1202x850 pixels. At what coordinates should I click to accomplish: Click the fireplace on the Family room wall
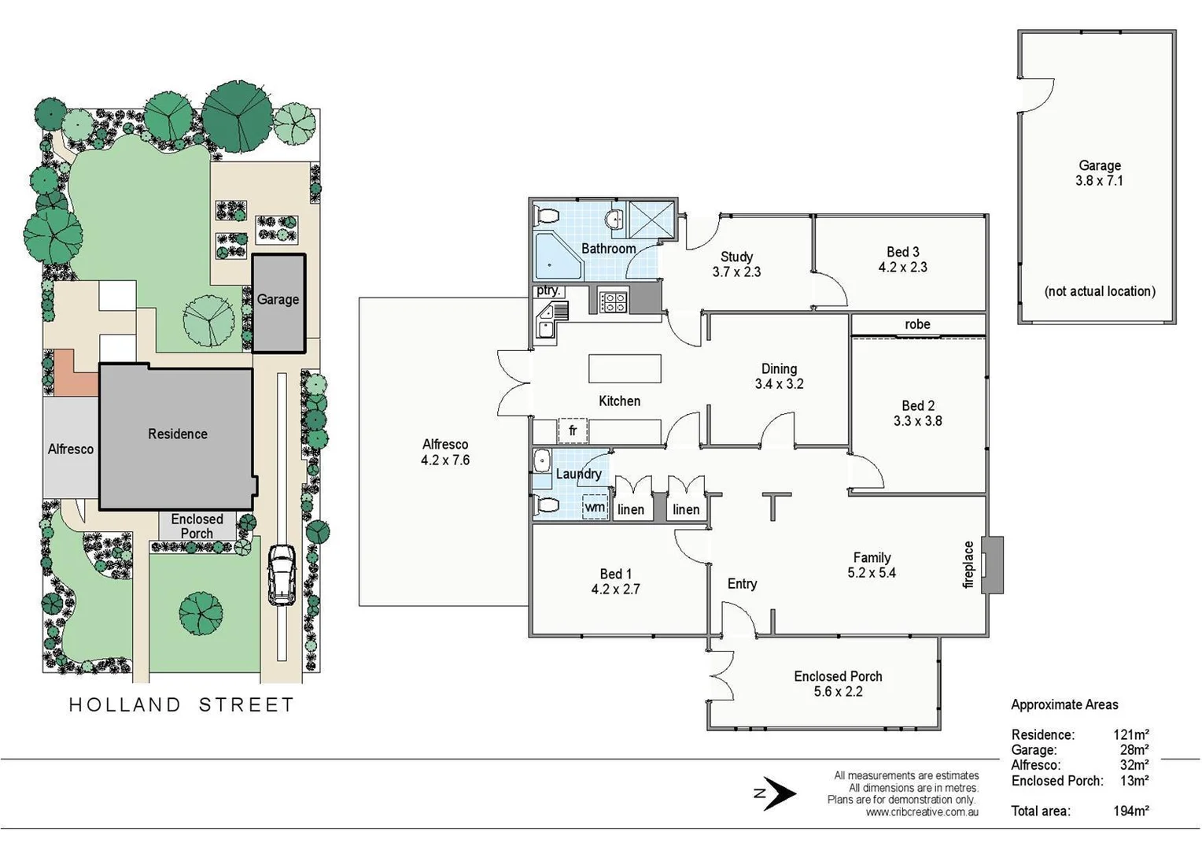pyautogui.click(x=994, y=564)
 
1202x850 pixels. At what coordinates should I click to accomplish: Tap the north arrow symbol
pyautogui.click(x=776, y=793)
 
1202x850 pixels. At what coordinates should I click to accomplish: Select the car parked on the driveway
pyautogui.click(x=282, y=574)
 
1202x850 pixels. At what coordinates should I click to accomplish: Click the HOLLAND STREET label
pyautogui.click(x=182, y=704)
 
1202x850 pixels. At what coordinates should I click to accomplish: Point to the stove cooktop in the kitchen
pyautogui.click(x=614, y=301)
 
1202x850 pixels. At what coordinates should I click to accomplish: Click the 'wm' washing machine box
pyautogui.click(x=595, y=508)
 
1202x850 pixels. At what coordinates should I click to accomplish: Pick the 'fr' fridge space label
pyautogui.click(x=573, y=431)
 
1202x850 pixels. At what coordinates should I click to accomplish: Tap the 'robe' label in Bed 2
pyautogui.click(x=917, y=324)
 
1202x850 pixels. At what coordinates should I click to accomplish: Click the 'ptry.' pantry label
pyautogui.click(x=548, y=290)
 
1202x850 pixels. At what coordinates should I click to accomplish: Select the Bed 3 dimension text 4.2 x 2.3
pyautogui.click(x=902, y=268)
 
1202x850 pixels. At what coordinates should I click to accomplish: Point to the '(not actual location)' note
pyautogui.click(x=1100, y=291)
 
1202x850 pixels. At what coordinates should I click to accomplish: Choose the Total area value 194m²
pyautogui.click(x=1130, y=811)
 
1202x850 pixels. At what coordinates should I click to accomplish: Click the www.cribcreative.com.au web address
pyautogui.click(x=922, y=812)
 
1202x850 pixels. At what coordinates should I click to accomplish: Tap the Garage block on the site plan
pyautogui.click(x=278, y=303)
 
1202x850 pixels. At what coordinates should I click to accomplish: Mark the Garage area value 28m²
pyautogui.click(x=1134, y=750)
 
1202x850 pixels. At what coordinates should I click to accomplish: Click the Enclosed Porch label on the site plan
pyautogui.click(x=197, y=526)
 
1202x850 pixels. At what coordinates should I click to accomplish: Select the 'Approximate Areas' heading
pyautogui.click(x=1064, y=705)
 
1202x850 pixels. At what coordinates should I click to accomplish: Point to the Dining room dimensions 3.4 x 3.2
pyautogui.click(x=779, y=384)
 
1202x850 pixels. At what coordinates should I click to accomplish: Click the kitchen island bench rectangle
pyautogui.click(x=625, y=368)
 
